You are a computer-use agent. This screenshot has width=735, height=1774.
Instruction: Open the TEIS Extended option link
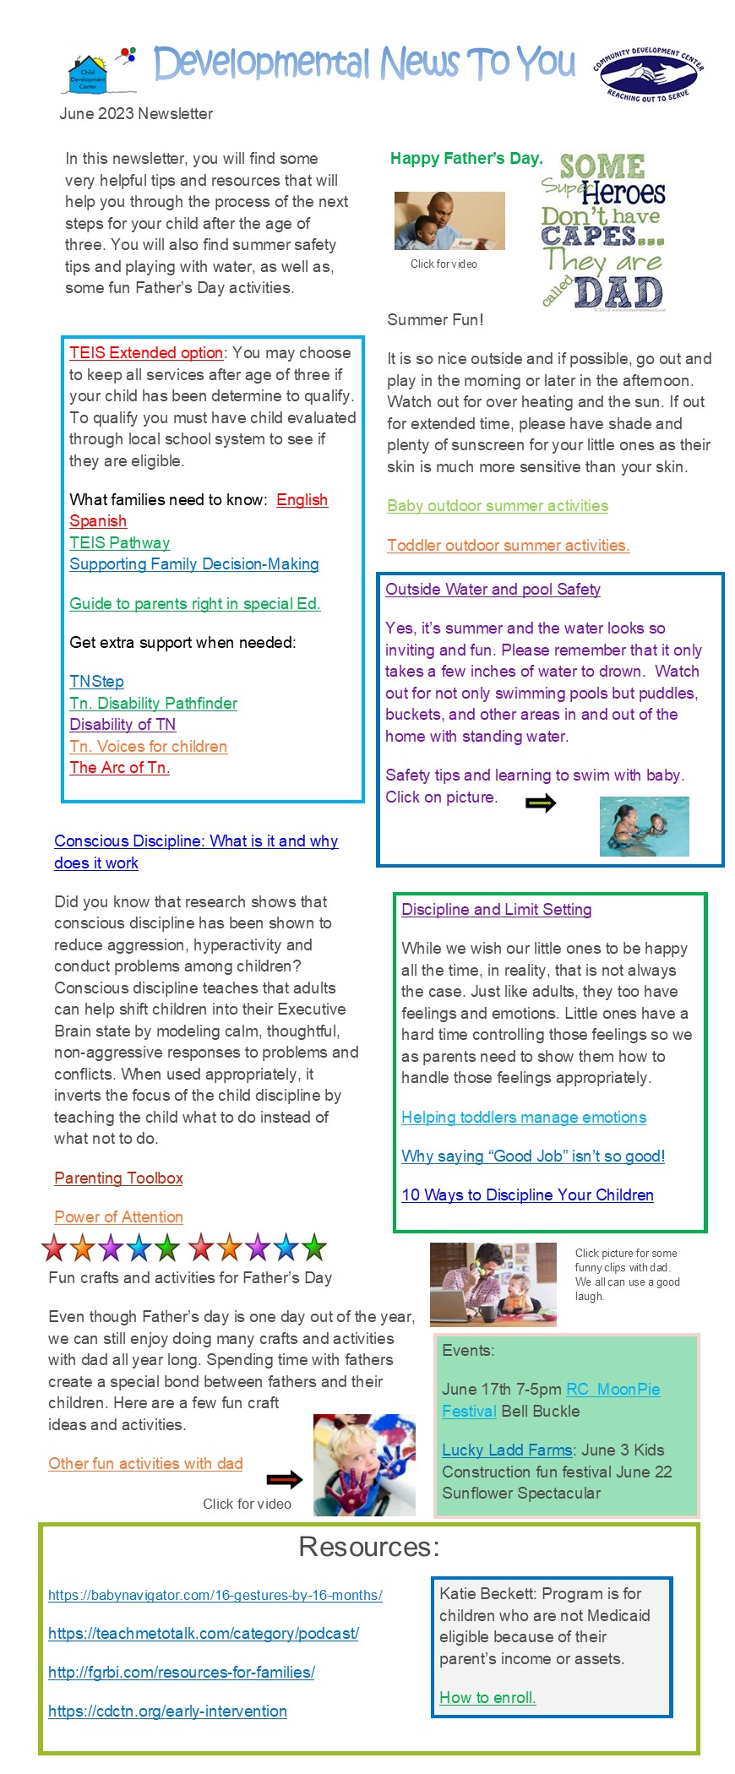tap(146, 353)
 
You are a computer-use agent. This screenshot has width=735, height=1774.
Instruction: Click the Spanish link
tap(98, 521)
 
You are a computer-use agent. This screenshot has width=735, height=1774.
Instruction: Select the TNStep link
tap(96, 682)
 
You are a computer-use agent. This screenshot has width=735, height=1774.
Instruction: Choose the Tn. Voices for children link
tap(148, 747)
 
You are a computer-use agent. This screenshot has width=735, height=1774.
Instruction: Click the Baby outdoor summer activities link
tap(498, 506)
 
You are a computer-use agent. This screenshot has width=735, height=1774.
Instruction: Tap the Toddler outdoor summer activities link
tap(508, 546)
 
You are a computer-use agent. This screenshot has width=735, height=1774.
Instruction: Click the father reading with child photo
tap(449, 220)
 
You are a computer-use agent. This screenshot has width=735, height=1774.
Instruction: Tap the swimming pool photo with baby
tap(644, 826)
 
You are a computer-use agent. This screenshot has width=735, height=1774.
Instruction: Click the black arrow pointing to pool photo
tap(541, 803)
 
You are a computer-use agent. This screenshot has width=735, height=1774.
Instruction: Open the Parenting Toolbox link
tap(118, 1178)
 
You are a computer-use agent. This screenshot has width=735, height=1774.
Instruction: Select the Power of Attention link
tap(118, 1217)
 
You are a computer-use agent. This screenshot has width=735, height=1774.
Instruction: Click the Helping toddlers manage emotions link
tap(524, 1118)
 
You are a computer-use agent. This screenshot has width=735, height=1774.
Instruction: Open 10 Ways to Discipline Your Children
tap(527, 1195)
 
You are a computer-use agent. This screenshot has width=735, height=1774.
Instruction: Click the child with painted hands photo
tap(364, 1465)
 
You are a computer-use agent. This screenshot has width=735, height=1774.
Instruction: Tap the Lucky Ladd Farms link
tap(507, 1450)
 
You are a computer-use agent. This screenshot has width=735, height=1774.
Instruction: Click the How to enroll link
tap(487, 1698)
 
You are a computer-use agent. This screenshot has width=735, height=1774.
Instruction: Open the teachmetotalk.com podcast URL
tap(204, 1634)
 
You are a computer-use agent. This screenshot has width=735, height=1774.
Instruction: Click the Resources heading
tap(369, 1547)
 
